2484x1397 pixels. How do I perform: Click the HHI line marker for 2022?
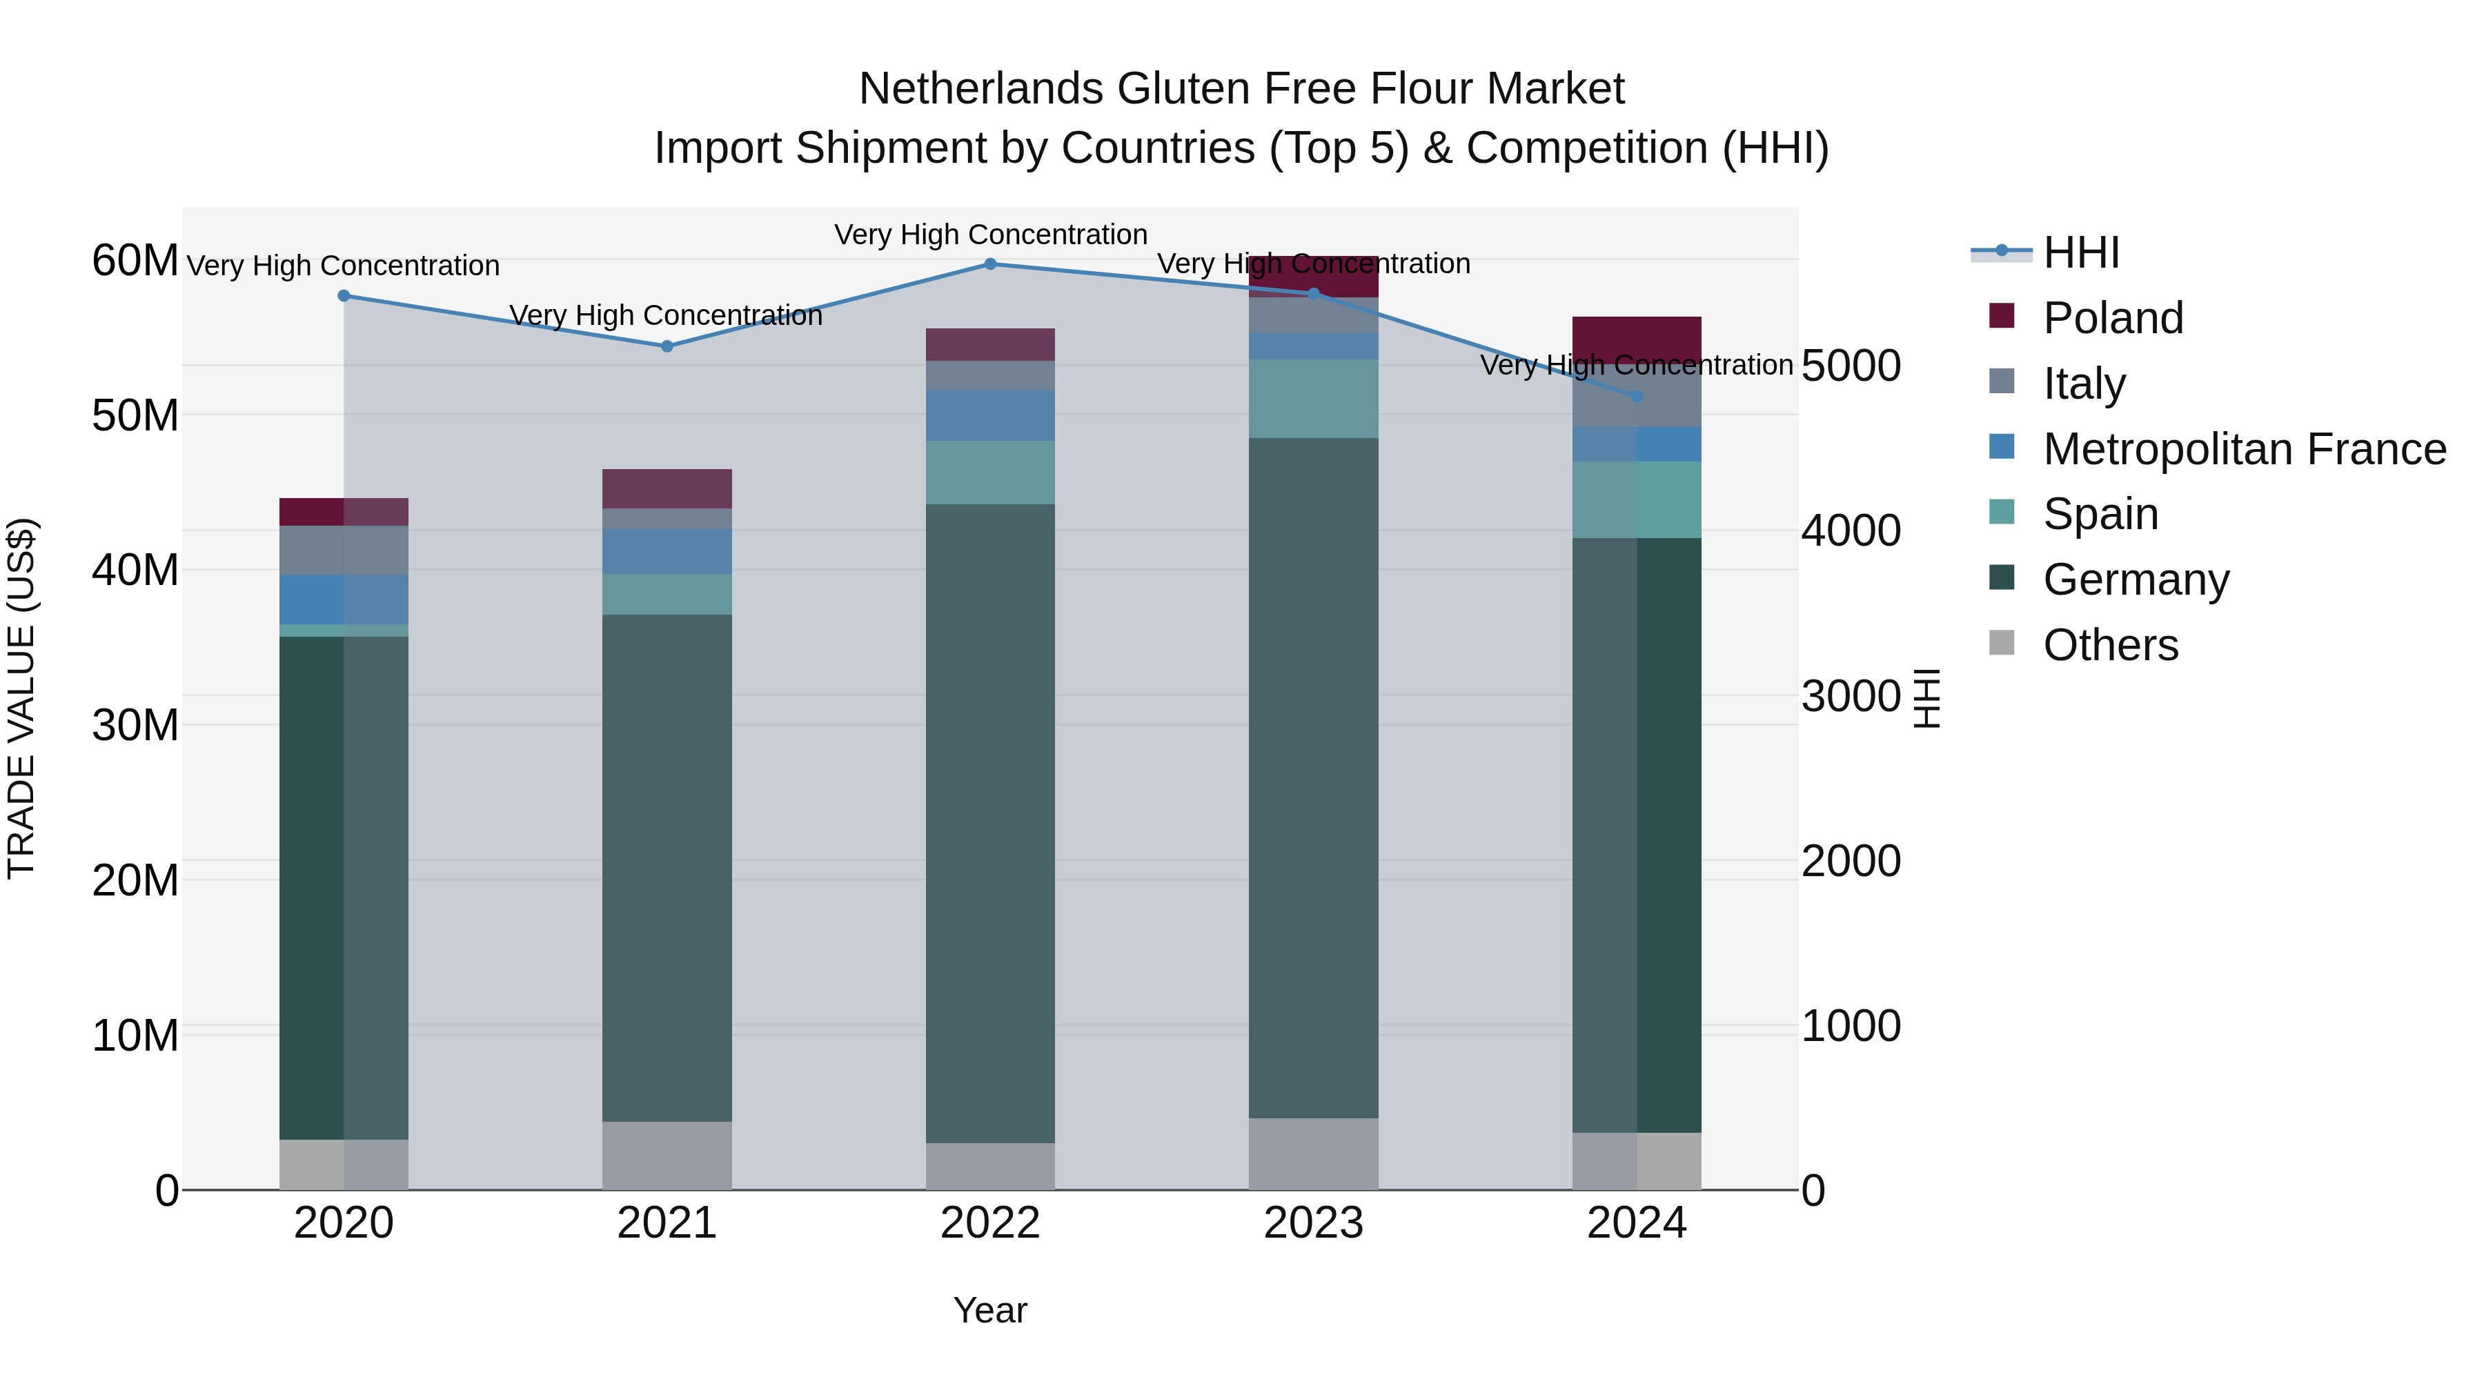pyautogui.click(x=989, y=264)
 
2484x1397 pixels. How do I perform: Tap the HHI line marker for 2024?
pyautogui.click(x=1637, y=396)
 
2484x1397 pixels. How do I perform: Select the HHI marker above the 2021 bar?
pyautogui.click(x=667, y=346)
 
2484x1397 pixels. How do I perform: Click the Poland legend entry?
pyautogui.click(x=2112, y=318)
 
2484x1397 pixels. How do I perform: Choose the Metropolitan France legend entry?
pyautogui.click(x=2243, y=449)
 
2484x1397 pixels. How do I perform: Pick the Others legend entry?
pyautogui.click(x=2110, y=645)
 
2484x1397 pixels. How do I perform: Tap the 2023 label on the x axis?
pyautogui.click(x=1312, y=1223)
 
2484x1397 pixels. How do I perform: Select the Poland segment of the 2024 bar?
pyautogui.click(x=1637, y=337)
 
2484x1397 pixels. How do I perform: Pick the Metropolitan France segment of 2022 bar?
pyautogui.click(x=989, y=415)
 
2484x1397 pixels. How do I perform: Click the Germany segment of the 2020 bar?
pyautogui.click(x=344, y=887)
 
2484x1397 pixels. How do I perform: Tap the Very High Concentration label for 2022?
pyautogui.click(x=990, y=235)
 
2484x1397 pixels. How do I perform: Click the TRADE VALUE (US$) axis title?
pyautogui.click(x=21, y=698)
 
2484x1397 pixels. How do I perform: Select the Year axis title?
pyautogui.click(x=989, y=1310)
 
